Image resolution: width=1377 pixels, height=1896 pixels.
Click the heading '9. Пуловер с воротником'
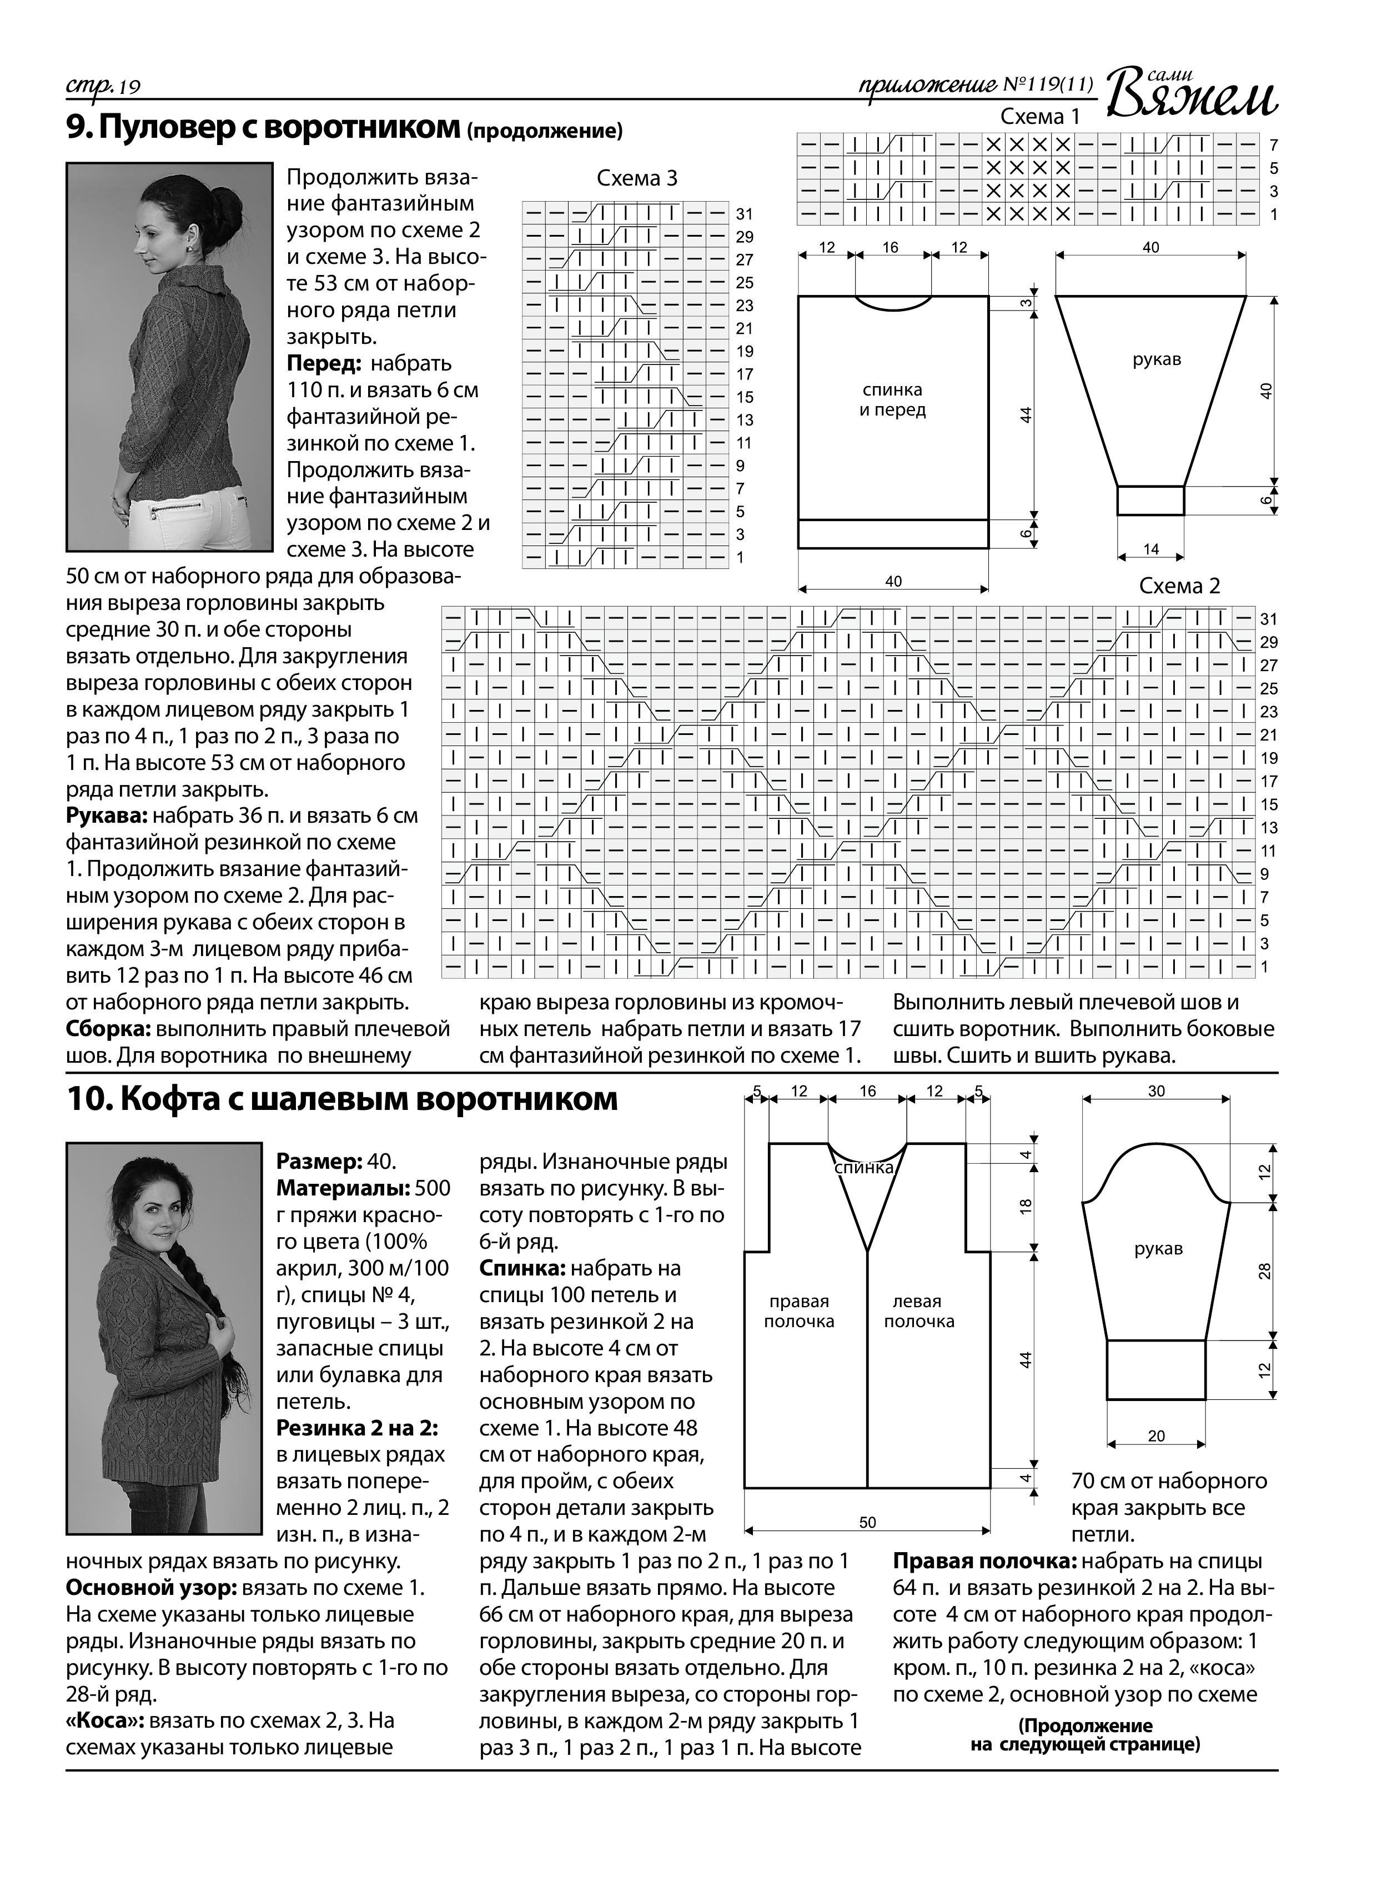[x=263, y=127]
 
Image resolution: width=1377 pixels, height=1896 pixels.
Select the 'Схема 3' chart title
[x=637, y=178]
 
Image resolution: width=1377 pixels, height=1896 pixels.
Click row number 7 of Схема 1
[x=1273, y=144]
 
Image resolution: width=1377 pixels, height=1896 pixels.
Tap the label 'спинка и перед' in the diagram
[x=892, y=399]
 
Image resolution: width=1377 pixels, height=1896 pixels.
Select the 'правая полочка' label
[x=799, y=1311]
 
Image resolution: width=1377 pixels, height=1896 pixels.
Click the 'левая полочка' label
[x=918, y=1311]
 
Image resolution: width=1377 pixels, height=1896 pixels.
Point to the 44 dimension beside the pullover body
[x=1027, y=414]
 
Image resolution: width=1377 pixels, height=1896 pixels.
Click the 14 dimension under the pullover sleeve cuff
[x=1150, y=549]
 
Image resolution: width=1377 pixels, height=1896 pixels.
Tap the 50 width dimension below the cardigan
[x=867, y=1522]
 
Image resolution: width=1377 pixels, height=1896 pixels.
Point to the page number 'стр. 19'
[x=104, y=86]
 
